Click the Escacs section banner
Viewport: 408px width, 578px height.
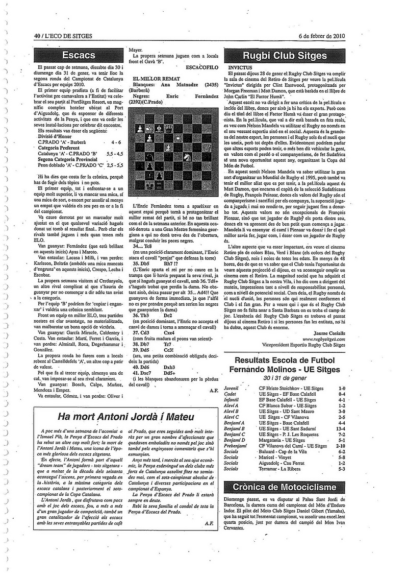(x=79, y=55)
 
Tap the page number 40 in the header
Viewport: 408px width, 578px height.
(x=37, y=36)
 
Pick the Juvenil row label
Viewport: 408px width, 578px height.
(x=231, y=388)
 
